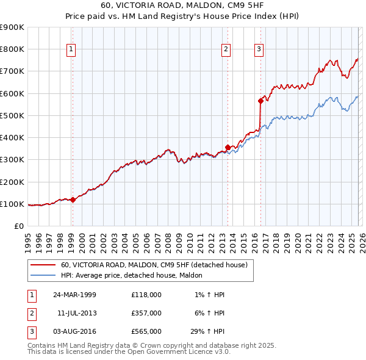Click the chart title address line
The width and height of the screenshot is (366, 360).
[x=183, y=5]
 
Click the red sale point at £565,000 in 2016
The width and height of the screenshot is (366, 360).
[x=260, y=101]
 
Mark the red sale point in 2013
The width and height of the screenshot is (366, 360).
[x=228, y=146]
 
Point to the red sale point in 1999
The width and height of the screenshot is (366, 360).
[x=73, y=200]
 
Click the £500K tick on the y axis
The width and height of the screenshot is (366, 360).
[x=12, y=115]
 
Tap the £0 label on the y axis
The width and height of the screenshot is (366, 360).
[x=18, y=226]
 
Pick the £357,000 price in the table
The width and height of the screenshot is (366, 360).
[x=146, y=313]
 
